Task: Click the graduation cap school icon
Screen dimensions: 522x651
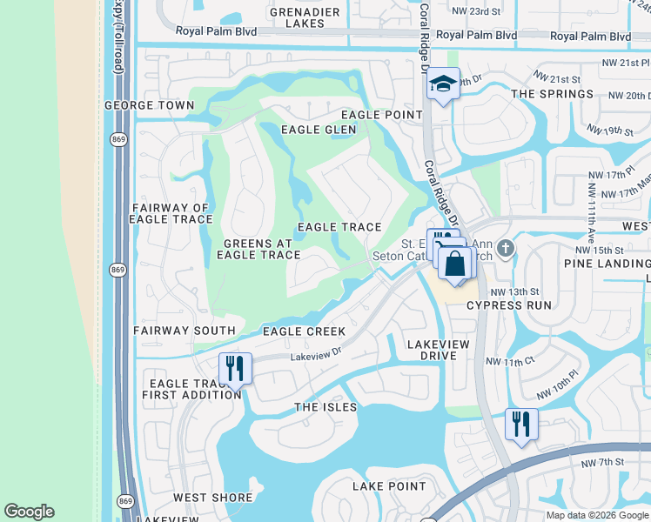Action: pos(443,84)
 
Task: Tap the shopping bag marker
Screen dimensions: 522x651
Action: pos(455,264)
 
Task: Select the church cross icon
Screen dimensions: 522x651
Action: pos(507,249)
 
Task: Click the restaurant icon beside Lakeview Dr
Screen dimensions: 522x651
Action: pos(235,368)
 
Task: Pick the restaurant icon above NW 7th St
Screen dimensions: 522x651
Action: pos(521,424)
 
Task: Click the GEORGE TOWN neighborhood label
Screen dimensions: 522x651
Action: pos(150,105)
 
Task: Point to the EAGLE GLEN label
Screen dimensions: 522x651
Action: pos(319,130)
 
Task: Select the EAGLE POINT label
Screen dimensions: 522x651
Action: pos(381,115)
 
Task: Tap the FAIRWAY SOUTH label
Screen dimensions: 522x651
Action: pos(185,331)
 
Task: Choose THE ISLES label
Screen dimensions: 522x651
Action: pos(325,407)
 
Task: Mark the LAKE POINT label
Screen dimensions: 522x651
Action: pos(389,486)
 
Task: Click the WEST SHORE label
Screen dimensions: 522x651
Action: pos(212,498)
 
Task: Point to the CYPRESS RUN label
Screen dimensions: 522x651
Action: pos(509,305)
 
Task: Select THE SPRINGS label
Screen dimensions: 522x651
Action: pos(546,94)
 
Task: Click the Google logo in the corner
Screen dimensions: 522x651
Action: pos(29,512)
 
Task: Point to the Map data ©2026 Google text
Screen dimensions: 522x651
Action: pos(597,515)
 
